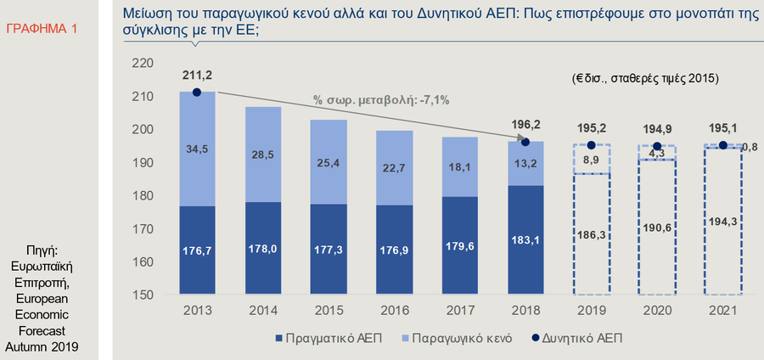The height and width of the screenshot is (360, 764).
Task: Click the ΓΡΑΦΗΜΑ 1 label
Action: point(42,28)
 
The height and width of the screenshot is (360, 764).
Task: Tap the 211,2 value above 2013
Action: point(197,75)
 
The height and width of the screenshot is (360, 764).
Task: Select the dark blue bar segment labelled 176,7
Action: point(197,250)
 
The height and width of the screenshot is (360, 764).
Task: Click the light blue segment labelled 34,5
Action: point(197,149)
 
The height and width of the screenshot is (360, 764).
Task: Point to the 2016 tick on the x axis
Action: point(394,310)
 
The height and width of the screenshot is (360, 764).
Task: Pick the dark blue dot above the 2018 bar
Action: point(525,142)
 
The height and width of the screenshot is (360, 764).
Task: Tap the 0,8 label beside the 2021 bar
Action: point(750,146)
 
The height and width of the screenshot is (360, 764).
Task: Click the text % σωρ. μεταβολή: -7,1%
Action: point(381,100)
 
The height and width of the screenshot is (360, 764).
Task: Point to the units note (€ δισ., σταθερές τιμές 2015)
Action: point(645,78)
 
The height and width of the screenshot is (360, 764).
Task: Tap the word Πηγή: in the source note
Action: point(42,250)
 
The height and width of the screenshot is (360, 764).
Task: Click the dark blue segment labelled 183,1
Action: point(525,239)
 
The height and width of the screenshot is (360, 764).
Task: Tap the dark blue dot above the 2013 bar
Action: point(197,92)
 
